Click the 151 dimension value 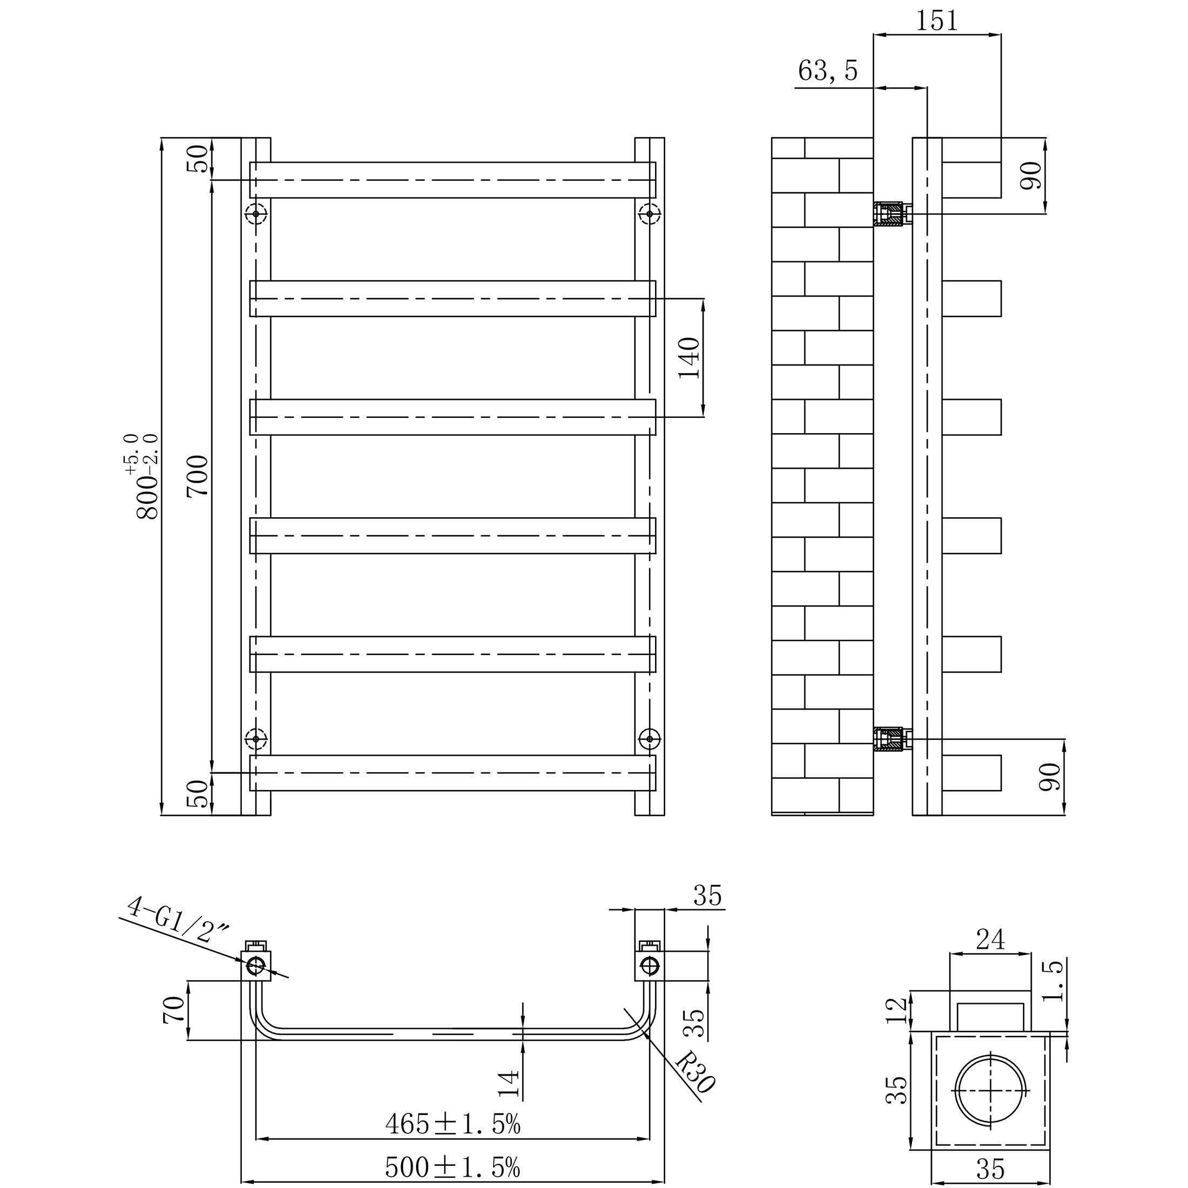pyautogui.click(x=936, y=22)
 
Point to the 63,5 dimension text pyautogui.click(x=828, y=71)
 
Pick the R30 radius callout pyautogui.click(x=696, y=1072)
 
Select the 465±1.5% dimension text pyautogui.click(x=453, y=1125)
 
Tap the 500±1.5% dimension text pyautogui.click(x=453, y=1167)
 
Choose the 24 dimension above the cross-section pyautogui.click(x=990, y=939)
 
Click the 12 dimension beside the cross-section pyautogui.click(x=896, y=1010)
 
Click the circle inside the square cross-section pyautogui.click(x=990, y=1090)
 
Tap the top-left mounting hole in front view pyautogui.click(x=256, y=214)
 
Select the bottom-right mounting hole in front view pyautogui.click(x=649, y=739)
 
